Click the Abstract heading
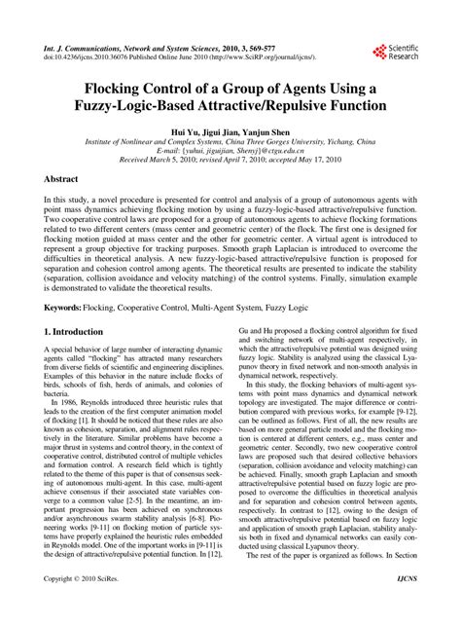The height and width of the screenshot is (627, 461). [66, 180]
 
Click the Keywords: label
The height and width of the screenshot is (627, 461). [66, 306]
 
